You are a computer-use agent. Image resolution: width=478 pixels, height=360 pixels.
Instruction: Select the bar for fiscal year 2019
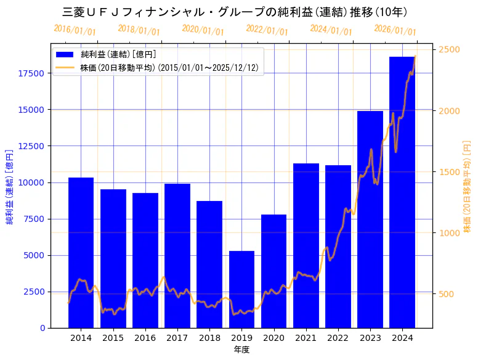tap(241, 289)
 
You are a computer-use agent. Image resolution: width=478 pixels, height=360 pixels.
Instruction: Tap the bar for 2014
tap(81, 253)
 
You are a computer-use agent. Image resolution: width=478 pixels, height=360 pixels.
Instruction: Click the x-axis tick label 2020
tap(273, 338)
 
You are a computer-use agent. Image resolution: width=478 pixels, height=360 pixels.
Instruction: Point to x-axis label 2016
tap(145, 338)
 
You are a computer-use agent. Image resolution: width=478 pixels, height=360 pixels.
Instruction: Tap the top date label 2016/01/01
tap(75, 30)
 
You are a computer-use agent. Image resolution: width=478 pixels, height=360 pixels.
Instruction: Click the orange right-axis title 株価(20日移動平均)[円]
tap(467, 186)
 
